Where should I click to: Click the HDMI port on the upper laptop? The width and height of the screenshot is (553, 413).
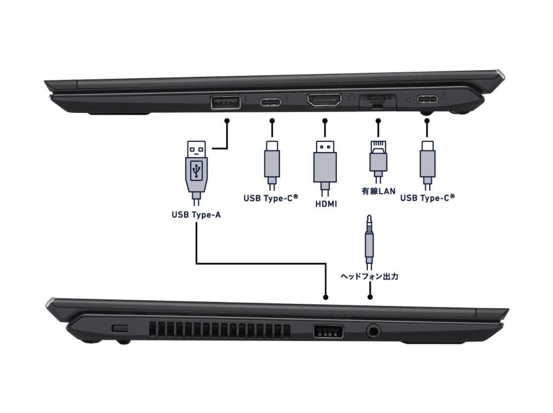coord(324,100)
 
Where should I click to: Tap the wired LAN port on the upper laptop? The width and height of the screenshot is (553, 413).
coord(377,101)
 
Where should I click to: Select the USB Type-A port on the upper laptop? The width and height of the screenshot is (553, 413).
coord(225,102)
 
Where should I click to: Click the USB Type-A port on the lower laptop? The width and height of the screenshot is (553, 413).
coord(328,331)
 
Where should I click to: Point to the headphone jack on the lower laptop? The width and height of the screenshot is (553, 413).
coord(373,331)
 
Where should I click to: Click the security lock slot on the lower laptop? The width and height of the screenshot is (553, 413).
coord(120,328)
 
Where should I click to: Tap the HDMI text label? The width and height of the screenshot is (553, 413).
coord(326,204)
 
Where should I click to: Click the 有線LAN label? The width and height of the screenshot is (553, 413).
coord(378,191)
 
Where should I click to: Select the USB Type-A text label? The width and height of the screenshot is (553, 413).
coord(196,215)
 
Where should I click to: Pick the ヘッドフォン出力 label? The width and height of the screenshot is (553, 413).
coord(370,277)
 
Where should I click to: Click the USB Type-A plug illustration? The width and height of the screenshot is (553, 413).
coord(196,173)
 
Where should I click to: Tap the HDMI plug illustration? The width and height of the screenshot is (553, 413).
coord(325,168)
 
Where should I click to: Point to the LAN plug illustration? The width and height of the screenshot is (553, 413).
coord(378,162)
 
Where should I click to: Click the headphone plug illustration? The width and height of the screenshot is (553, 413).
coord(369,242)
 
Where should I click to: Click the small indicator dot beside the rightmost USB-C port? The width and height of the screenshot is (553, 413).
coord(408,99)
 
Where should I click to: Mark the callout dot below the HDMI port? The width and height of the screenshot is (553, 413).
coord(325,121)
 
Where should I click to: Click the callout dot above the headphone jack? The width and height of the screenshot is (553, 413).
coord(370,297)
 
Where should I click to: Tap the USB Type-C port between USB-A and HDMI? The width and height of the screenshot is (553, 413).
coord(271,102)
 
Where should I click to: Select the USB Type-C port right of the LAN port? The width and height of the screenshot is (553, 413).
coord(427,99)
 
